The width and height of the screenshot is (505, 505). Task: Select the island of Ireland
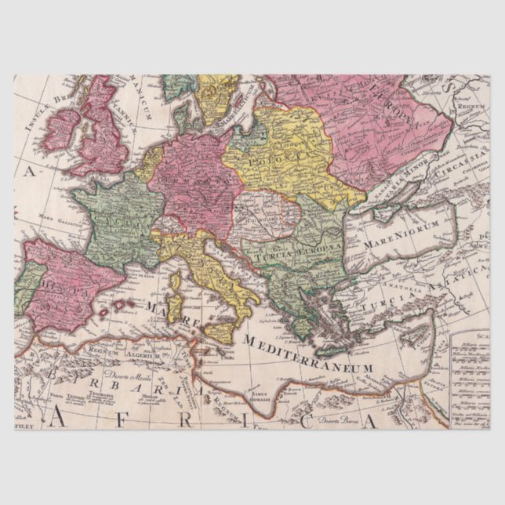click(62, 129)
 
